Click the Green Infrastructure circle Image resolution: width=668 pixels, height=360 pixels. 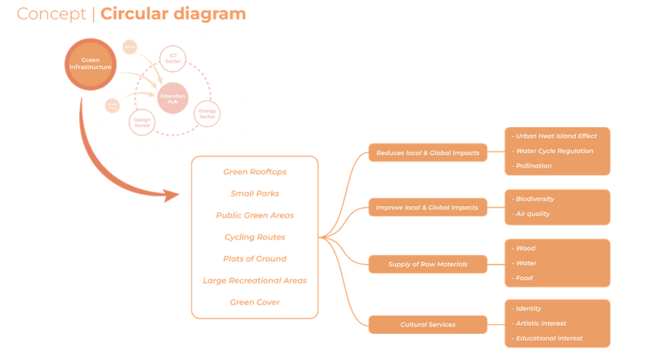click(x=91, y=64)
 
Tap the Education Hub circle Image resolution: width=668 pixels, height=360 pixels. click(x=172, y=98)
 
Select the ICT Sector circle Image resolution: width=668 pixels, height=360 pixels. click(x=173, y=59)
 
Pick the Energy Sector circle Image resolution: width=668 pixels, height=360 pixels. click(x=207, y=114)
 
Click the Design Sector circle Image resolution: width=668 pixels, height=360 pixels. click(x=142, y=122)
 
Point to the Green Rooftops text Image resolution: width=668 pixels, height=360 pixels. click(x=254, y=172)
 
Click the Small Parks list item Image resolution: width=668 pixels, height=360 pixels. click(x=254, y=194)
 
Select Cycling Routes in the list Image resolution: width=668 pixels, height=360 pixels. click(x=254, y=237)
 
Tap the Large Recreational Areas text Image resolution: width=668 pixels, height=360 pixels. click(x=254, y=280)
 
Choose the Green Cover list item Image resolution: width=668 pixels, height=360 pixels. click(x=254, y=303)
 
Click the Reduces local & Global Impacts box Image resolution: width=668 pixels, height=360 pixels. click(x=428, y=153)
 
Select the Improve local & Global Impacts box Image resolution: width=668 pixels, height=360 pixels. click(x=427, y=207)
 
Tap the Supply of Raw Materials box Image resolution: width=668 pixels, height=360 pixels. click(x=427, y=264)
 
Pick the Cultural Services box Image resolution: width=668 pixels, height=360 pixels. click(x=427, y=324)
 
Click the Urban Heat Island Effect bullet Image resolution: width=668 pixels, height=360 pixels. click(x=556, y=136)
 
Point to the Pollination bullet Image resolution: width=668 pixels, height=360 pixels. click(x=533, y=166)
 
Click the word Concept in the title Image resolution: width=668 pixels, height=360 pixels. click(x=52, y=14)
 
